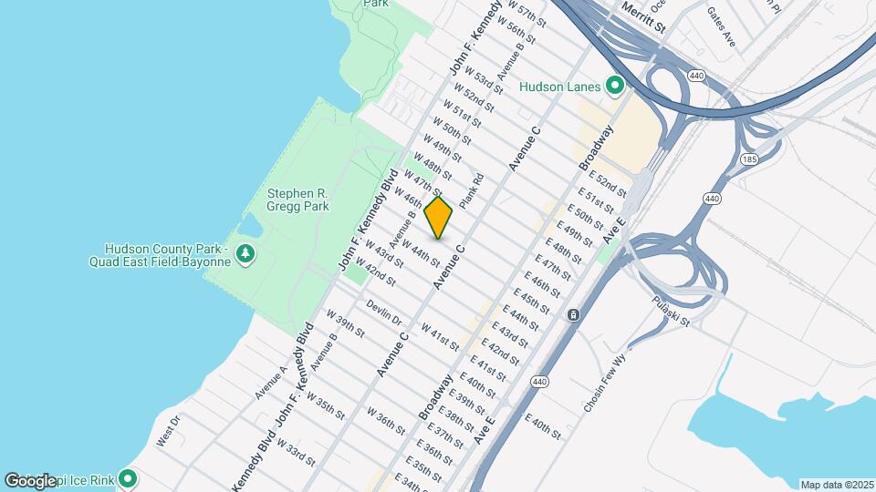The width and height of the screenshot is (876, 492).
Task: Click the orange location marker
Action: point(438,218)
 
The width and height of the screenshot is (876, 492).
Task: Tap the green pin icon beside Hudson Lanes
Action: point(615,87)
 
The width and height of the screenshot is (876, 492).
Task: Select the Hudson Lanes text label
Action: point(559,87)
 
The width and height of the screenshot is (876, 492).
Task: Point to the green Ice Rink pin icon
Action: point(128,477)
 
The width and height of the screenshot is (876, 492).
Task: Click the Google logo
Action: point(30,480)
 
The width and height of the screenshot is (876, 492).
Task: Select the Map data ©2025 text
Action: point(836,485)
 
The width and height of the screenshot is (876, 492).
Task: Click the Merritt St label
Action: point(643,16)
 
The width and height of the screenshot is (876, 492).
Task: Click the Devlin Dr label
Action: point(384,312)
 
